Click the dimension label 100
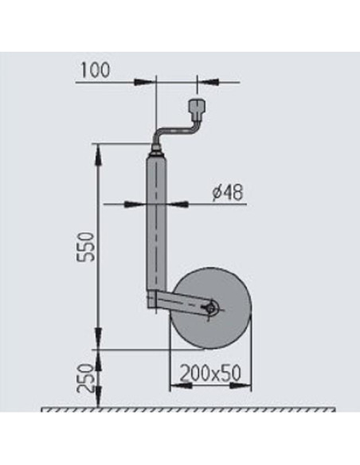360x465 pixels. pos(95,70)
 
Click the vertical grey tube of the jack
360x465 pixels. pos(157,223)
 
